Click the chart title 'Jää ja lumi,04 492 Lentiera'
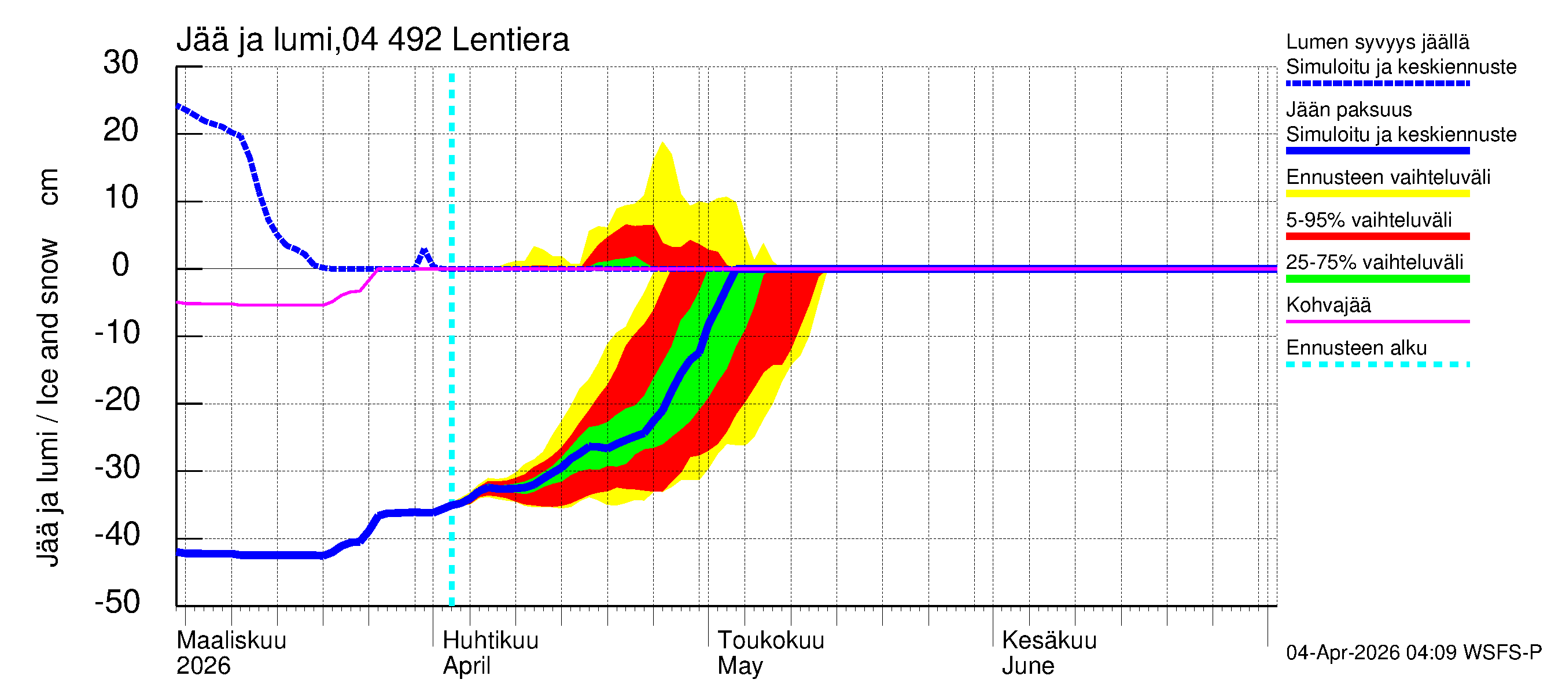(373, 40)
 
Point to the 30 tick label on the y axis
(121, 62)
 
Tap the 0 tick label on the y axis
(121, 265)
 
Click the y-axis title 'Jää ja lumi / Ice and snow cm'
(48, 367)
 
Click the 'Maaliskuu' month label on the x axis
(231, 640)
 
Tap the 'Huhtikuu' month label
(491, 640)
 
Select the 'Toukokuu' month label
(771, 640)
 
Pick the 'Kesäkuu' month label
(1049, 640)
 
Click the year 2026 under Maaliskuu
(203, 666)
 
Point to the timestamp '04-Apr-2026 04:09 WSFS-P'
(1413, 653)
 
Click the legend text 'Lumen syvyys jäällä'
(1377, 42)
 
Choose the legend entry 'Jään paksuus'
(1349, 110)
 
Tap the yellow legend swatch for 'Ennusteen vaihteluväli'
(1377, 194)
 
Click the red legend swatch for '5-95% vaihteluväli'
(1377, 237)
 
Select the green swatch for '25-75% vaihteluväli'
(1377, 279)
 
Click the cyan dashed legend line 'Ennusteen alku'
(1377, 365)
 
